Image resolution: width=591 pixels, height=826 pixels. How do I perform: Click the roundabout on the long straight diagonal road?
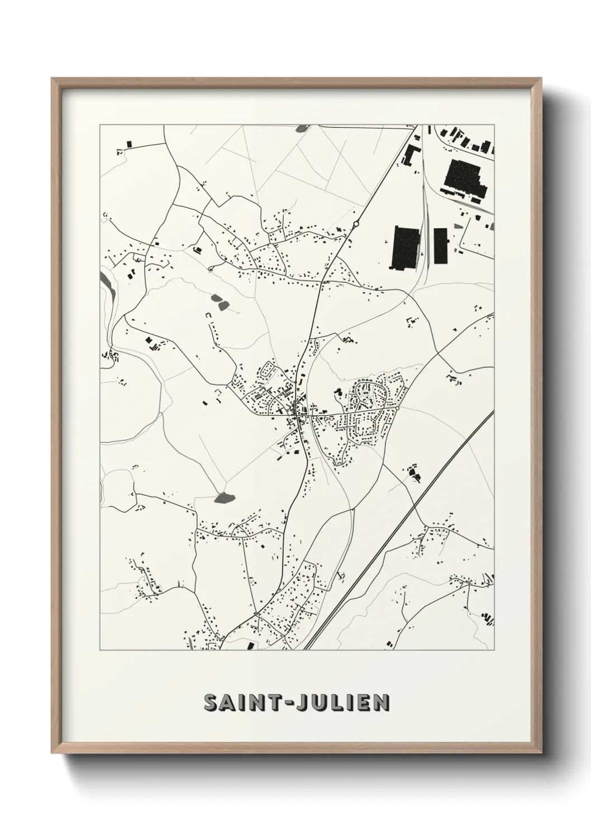pos(356,224)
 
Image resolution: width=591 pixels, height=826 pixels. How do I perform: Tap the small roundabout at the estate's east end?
pos(396,409)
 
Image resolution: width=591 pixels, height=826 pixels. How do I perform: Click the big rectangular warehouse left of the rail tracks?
pos(404,248)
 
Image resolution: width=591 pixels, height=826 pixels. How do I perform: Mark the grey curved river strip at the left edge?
pos(106,290)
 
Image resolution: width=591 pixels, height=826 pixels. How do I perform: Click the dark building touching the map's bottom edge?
pos(250,646)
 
